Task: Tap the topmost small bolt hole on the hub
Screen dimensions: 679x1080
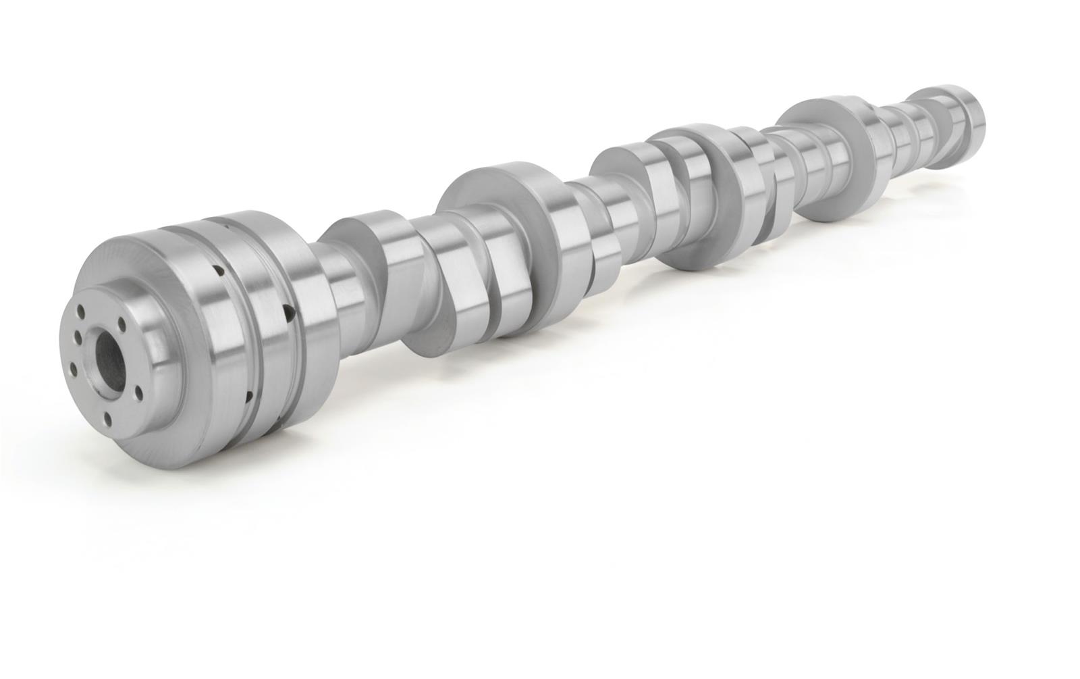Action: tap(81, 311)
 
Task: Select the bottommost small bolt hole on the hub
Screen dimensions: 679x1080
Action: tap(107, 420)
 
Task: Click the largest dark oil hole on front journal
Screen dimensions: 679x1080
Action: tap(290, 313)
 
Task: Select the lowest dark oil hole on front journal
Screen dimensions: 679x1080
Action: tap(249, 397)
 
